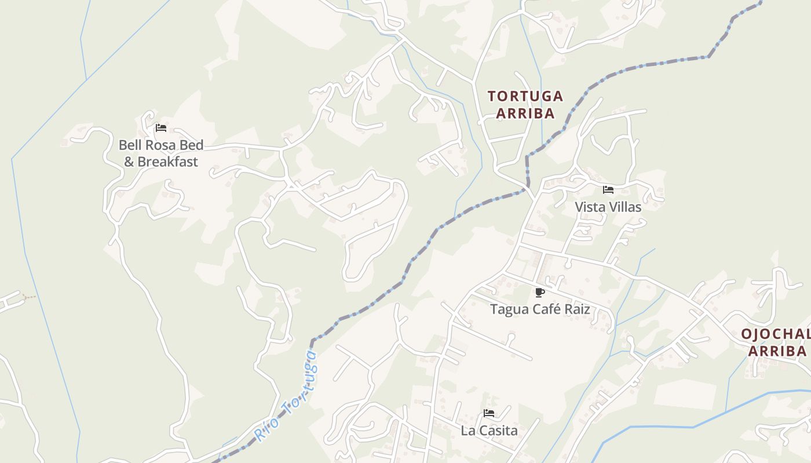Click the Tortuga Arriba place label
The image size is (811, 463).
[x=525, y=104]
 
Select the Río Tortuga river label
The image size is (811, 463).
[x=287, y=397]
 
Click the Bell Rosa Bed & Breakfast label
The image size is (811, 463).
[x=161, y=153]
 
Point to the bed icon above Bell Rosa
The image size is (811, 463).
[x=161, y=128]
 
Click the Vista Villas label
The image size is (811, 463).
[x=608, y=207]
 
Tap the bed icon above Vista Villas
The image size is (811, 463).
[x=608, y=189]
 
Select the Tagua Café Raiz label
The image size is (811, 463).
[x=540, y=309]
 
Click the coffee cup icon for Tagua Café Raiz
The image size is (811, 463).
[x=540, y=292]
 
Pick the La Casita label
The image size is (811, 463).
[x=489, y=431]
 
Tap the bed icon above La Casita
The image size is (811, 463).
[x=489, y=413]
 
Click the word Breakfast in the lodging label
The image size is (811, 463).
[x=167, y=162]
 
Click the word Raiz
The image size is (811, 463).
[x=578, y=309]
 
